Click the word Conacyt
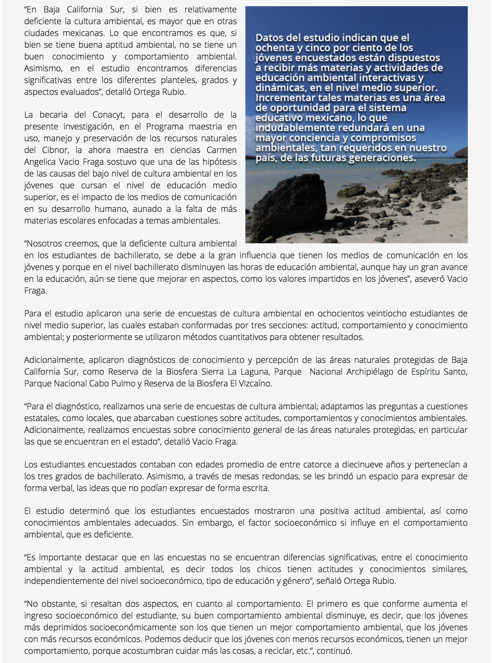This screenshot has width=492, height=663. click(108, 115)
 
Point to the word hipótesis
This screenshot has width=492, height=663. click(218, 162)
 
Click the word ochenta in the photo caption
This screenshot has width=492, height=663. click(271, 48)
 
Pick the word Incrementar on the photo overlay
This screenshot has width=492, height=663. click(284, 98)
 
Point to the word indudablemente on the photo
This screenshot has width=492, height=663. click(295, 128)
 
